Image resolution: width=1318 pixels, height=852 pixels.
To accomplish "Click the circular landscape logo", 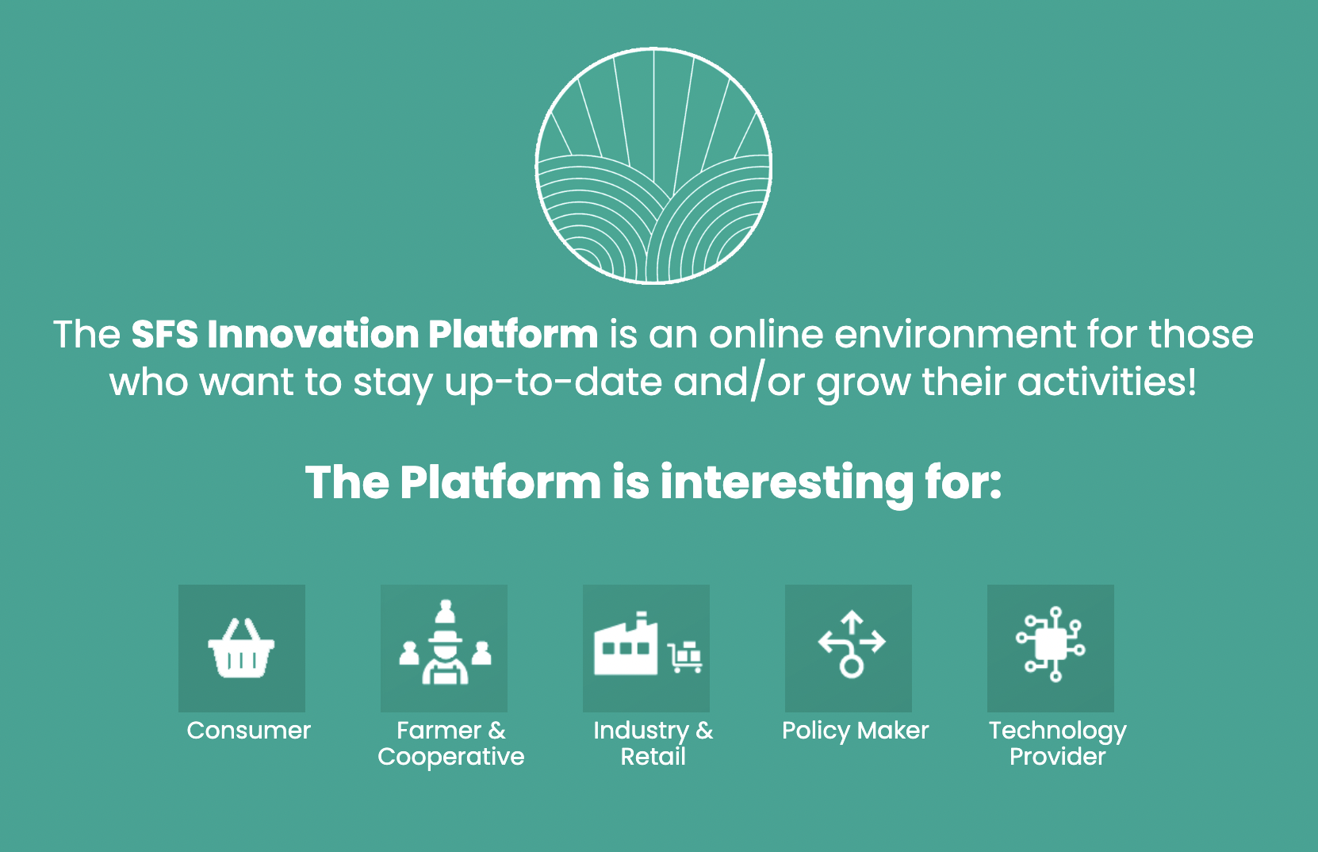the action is click(653, 166).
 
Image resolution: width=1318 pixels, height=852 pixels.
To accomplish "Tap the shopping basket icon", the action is click(241, 648).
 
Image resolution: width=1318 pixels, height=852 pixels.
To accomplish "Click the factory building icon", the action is click(626, 643).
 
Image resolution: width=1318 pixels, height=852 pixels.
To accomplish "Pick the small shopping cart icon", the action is click(684, 658).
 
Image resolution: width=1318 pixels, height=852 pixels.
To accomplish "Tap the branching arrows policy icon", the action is click(852, 645).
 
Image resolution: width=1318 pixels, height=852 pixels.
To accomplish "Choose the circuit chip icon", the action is click(1051, 644).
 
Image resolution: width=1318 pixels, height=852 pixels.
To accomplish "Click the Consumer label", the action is click(248, 730).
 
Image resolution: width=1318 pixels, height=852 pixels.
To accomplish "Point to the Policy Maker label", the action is click(855, 731).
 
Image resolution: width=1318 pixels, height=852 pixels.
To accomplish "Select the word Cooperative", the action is click(450, 757).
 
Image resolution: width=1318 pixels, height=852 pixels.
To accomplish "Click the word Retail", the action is click(653, 756).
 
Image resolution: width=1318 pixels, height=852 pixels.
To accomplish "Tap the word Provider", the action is click(1057, 756).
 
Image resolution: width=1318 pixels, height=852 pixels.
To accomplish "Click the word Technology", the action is click(1057, 731).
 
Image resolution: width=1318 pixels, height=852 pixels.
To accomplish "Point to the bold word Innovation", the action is click(312, 334).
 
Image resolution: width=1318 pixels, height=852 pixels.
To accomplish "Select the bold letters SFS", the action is click(164, 334).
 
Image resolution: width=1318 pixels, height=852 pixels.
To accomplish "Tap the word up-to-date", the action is click(553, 382).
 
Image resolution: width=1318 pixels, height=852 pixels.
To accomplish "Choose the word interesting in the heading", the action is click(787, 484).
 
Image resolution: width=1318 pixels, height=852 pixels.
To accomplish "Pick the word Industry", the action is click(641, 731).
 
